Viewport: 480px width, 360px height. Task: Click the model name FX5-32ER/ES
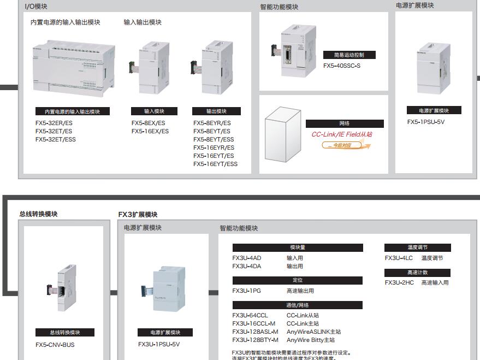pyautogui.click(x=54, y=123)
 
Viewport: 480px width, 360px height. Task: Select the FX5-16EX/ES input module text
pyautogui.click(x=150, y=131)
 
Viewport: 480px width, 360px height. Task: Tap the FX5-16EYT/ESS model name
pyautogui.click(x=215, y=164)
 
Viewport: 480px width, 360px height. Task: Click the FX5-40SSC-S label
pyautogui.click(x=342, y=66)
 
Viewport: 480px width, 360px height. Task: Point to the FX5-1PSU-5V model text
pyautogui.click(x=426, y=122)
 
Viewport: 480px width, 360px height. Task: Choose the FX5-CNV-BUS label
pyautogui.click(x=55, y=345)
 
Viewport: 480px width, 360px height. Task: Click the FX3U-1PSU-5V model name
pyautogui.click(x=159, y=344)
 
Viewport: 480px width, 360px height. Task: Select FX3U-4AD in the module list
pyautogui.click(x=247, y=258)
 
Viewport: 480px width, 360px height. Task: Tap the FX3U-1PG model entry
pyautogui.click(x=246, y=291)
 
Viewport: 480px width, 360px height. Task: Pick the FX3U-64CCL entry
pyautogui.click(x=250, y=315)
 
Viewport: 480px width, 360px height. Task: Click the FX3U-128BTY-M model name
pyautogui.click(x=255, y=340)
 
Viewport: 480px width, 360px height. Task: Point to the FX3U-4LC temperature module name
pyautogui.click(x=399, y=258)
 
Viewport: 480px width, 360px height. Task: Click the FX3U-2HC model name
pyautogui.click(x=399, y=282)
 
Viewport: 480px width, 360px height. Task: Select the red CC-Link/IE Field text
pyautogui.click(x=342, y=134)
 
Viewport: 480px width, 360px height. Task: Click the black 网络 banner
pyautogui.click(x=344, y=123)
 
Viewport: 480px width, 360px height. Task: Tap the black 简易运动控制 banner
pyautogui.click(x=349, y=55)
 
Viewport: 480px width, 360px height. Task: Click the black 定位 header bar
pyautogui.click(x=298, y=280)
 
